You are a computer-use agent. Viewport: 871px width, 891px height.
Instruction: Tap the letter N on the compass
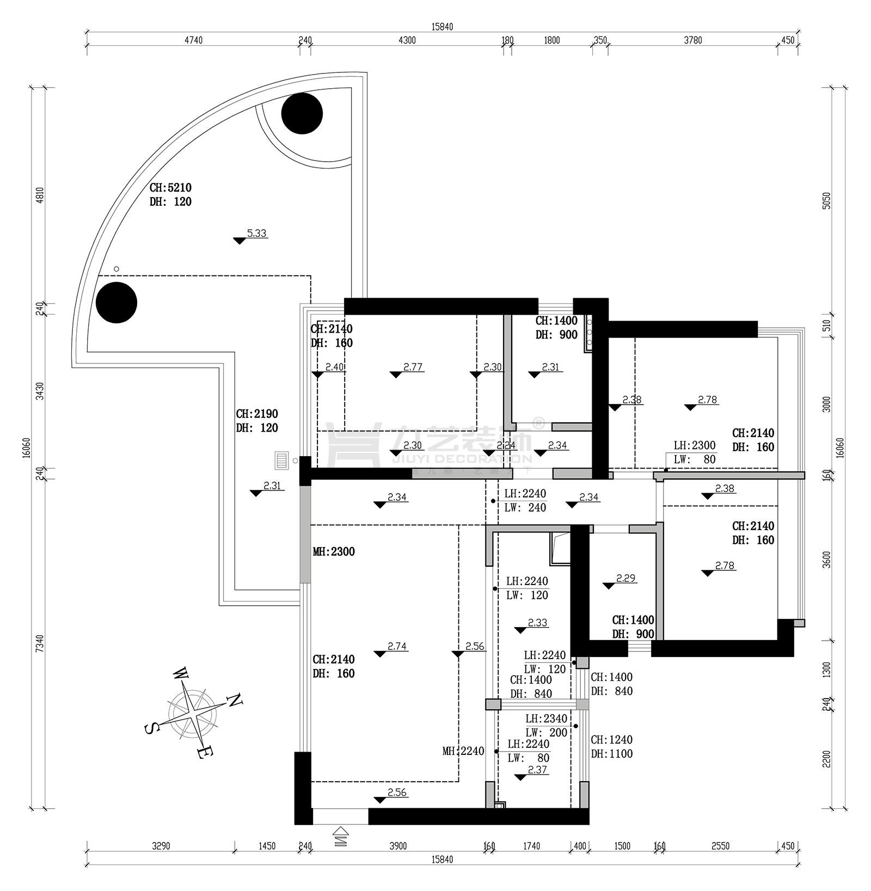click(234, 700)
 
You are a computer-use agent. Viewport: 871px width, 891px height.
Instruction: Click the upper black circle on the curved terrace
click(302, 113)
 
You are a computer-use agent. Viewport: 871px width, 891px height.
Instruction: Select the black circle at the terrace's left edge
click(116, 303)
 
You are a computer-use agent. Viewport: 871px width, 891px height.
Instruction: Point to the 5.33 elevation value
click(257, 233)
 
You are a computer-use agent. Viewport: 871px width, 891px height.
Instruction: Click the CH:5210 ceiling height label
click(170, 188)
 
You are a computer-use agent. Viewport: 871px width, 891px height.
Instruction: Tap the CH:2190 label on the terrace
click(257, 414)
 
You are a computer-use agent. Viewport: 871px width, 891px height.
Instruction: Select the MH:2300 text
click(334, 552)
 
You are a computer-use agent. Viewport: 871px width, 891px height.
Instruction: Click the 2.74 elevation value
click(397, 647)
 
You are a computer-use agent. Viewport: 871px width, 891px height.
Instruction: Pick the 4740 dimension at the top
click(193, 40)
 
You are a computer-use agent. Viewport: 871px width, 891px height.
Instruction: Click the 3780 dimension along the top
click(693, 40)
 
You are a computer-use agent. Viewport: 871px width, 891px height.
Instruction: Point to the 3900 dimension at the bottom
click(398, 846)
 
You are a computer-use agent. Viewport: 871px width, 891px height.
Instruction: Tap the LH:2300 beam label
click(695, 446)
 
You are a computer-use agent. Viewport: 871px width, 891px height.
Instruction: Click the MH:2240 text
click(463, 752)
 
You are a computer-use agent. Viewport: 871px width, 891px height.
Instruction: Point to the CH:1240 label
click(611, 740)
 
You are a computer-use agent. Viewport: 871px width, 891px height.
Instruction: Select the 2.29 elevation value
click(626, 579)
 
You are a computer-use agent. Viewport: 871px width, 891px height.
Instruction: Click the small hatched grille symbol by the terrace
click(281, 460)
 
